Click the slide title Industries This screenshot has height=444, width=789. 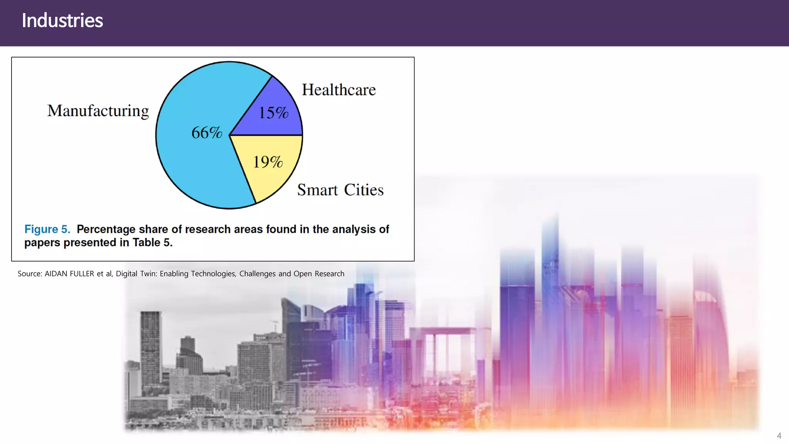[x=62, y=20]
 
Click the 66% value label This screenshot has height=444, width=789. [x=206, y=133]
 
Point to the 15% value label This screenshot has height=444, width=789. [x=273, y=113]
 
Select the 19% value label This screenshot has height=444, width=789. [x=268, y=162]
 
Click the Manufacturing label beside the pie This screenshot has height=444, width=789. [x=98, y=111]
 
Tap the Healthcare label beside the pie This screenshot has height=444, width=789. [x=339, y=90]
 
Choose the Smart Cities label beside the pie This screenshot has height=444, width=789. [x=340, y=190]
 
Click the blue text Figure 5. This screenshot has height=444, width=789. [x=47, y=229]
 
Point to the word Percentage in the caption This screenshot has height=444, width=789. [x=106, y=229]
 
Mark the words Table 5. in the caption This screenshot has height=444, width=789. [x=152, y=243]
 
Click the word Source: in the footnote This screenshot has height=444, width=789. [x=30, y=274]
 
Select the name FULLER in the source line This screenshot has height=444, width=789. [x=82, y=274]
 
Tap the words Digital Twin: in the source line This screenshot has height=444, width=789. [x=136, y=274]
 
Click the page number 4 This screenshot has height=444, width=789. [x=779, y=436]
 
